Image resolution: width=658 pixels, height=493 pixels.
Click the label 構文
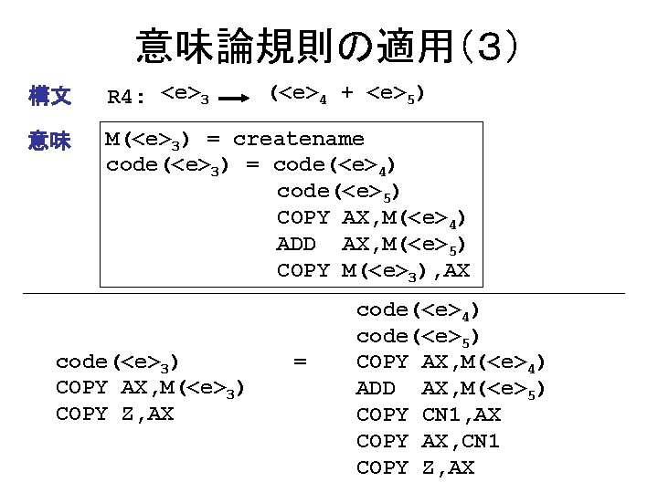coord(50,95)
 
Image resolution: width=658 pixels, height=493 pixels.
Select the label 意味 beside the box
coord(50,140)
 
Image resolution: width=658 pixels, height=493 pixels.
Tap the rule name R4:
coord(127,97)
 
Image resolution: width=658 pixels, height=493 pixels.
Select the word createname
coord(298,139)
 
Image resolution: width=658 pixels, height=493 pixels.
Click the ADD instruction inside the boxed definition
coord(296,244)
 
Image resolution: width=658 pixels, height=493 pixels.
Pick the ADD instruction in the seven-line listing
coord(376,389)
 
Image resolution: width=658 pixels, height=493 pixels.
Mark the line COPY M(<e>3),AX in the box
coord(373,270)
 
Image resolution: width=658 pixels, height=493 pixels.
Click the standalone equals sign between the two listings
coord(299,362)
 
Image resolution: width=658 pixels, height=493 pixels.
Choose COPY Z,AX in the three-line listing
coord(114,414)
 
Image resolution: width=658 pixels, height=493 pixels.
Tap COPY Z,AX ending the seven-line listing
coord(415,467)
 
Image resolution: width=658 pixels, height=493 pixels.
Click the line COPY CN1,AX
coord(429,414)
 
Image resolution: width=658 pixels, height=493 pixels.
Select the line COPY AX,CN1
coord(429,441)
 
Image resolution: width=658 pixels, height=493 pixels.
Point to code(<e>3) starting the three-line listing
coord(117,362)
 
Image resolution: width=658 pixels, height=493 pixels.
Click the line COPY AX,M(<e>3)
coord(149,389)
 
